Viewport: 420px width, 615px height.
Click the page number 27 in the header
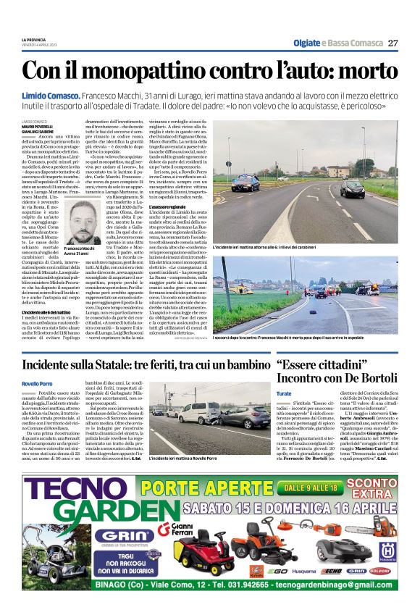coord(392,43)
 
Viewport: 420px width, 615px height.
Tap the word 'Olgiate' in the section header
coord(308,43)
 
